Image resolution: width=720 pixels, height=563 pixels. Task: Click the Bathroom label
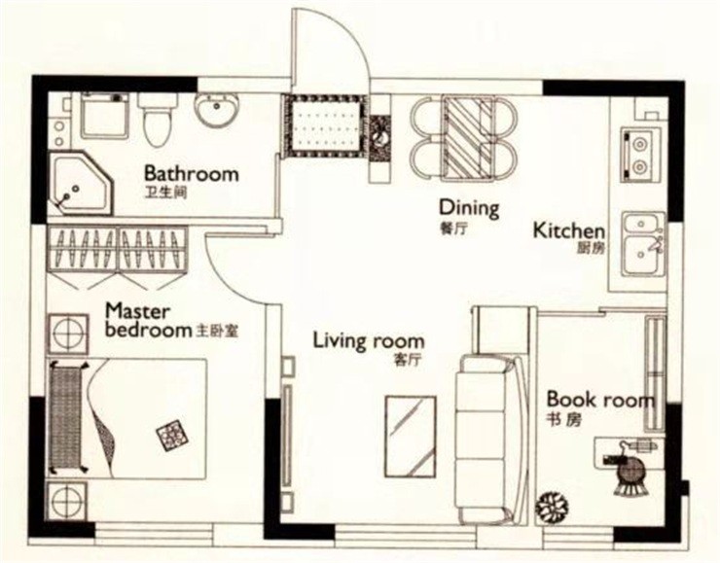pyautogui.click(x=192, y=174)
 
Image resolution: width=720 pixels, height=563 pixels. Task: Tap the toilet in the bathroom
pyautogui.click(x=158, y=121)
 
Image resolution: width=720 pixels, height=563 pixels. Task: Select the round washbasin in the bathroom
pyautogui.click(x=217, y=110)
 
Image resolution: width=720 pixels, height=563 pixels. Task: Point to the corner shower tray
pyautogui.click(x=81, y=184)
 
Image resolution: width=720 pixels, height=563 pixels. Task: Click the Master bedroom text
pyautogui.click(x=147, y=321)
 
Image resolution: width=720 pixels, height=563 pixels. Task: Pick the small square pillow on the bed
pyautogui.click(x=172, y=434)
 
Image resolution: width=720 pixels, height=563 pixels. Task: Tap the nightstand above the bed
pyautogui.click(x=68, y=334)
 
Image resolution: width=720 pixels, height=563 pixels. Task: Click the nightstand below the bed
pyautogui.click(x=67, y=501)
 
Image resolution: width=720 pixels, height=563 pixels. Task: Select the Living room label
pyautogui.click(x=369, y=341)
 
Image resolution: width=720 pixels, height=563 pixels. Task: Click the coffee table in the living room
pyautogui.click(x=411, y=437)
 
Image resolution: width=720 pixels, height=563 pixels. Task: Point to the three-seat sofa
pyautogui.click(x=489, y=438)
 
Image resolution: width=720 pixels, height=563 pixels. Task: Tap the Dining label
pyautogui.click(x=469, y=208)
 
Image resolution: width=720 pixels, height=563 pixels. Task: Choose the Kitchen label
pyautogui.click(x=569, y=230)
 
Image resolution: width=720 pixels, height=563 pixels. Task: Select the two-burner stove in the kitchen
pyautogui.click(x=638, y=154)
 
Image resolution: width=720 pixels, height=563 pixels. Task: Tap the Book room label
pyautogui.click(x=600, y=400)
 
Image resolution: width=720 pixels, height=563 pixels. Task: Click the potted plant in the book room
pyautogui.click(x=552, y=506)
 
